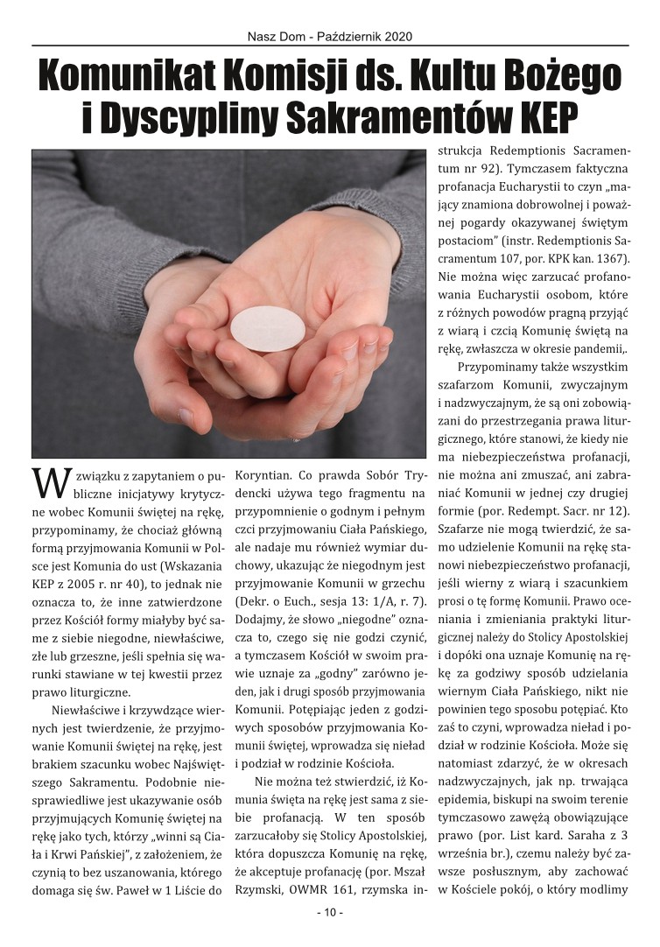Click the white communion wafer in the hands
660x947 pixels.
coord(267,328)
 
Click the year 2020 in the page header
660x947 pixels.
coord(397,37)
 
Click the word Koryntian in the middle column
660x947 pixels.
coord(266,477)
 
